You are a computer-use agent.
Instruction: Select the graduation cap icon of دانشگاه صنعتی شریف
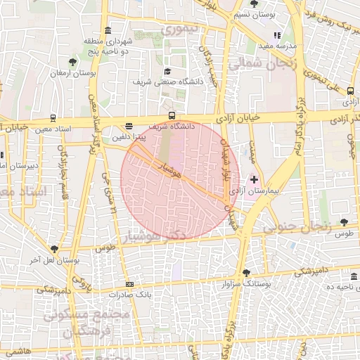coord(167,72)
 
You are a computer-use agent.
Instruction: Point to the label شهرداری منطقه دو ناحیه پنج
coord(107,46)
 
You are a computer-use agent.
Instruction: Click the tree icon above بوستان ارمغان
coord(72,63)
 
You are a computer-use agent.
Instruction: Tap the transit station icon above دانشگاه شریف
coord(172,116)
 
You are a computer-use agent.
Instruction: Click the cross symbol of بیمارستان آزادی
coord(254,180)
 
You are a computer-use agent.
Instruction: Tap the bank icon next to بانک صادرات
coord(129,284)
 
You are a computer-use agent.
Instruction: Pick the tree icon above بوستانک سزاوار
coord(245,273)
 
